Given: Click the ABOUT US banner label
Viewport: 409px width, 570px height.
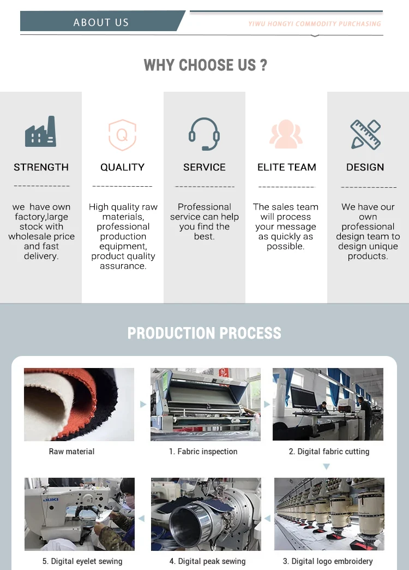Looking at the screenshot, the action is (101, 22).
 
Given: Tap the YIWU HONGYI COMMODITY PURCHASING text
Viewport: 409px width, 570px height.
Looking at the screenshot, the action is (315, 24).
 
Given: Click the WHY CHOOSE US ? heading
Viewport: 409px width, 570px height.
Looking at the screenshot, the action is (205, 66).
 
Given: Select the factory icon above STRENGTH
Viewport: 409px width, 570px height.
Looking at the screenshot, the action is (41, 132).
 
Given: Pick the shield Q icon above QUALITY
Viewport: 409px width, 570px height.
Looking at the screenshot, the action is (122, 134).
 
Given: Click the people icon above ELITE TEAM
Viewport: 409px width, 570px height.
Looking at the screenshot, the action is (286, 134).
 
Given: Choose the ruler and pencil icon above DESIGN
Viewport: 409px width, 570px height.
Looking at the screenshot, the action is (365, 134).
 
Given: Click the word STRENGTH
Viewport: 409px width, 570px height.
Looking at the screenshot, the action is (41, 168).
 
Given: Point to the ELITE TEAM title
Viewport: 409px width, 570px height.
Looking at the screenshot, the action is (286, 168).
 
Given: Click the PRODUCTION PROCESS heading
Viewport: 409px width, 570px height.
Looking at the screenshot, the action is (204, 333).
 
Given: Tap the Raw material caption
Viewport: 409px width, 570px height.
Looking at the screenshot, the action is (71, 452).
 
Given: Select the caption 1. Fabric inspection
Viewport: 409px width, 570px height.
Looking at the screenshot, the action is (203, 452).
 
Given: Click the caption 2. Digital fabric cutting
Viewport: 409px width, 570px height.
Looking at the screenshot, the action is (329, 452).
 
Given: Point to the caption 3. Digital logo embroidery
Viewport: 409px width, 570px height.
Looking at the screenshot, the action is (328, 561).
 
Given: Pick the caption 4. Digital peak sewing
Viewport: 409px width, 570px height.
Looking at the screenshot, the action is (207, 561).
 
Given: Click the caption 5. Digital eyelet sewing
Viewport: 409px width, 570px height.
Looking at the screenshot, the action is (82, 561).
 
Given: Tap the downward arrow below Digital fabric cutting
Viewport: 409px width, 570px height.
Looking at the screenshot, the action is (326, 467).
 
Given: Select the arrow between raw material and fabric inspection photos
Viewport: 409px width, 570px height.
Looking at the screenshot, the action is (143, 405).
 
